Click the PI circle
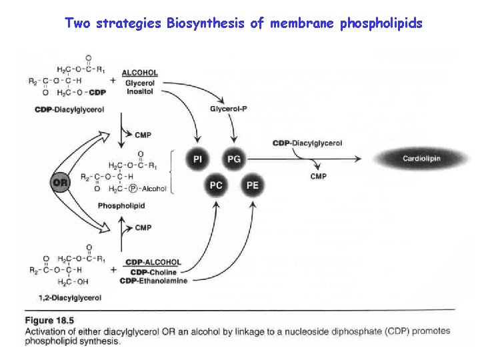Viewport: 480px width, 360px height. [198, 159]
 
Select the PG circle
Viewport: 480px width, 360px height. [233, 159]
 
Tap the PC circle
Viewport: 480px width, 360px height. [216, 185]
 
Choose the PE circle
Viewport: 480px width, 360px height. [252, 185]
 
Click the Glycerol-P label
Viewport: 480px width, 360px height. [228, 109]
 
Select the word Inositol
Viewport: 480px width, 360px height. [139, 91]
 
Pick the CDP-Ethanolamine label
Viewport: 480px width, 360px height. [153, 281]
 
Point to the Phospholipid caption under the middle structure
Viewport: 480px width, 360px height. [121, 206]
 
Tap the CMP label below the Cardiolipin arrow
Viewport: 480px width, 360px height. [319, 176]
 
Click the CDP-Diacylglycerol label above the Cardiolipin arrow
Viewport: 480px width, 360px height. [307, 143]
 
